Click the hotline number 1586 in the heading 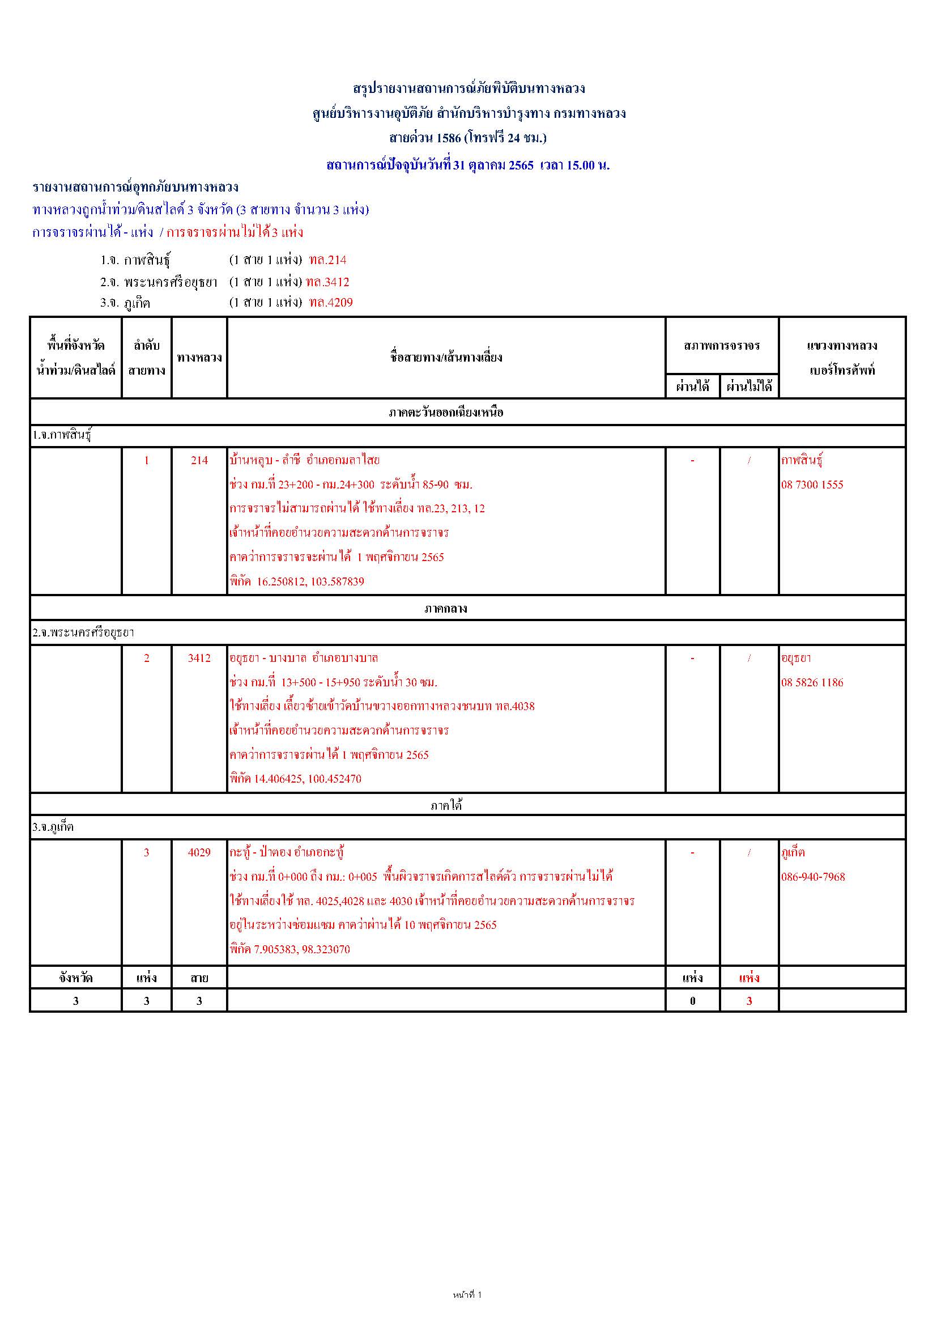point(449,138)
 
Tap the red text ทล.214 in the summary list point(327,260)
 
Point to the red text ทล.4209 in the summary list point(331,303)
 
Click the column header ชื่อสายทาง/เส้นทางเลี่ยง point(446,357)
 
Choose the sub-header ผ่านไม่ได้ point(749,387)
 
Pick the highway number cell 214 point(199,461)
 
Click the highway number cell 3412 point(199,658)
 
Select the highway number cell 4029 point(199,852)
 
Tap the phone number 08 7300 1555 point(812,485)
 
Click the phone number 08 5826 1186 point(812,683)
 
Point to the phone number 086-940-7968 point(813,877)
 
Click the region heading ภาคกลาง point(446,608)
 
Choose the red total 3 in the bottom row point(749,1001)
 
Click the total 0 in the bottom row point(692,1001)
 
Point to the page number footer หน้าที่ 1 point(467,1295)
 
